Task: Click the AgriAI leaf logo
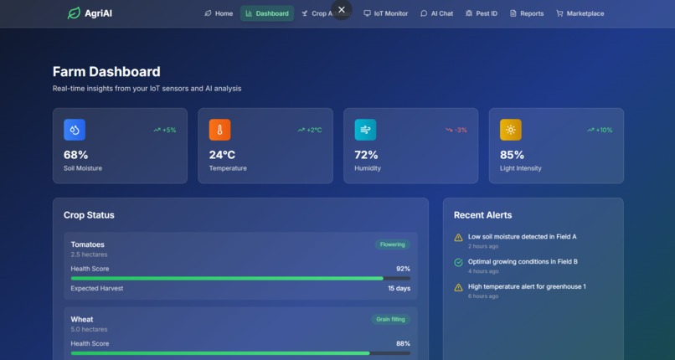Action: (74, 13)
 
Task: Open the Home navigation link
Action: (219, 13)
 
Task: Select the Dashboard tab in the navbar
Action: (267, 13)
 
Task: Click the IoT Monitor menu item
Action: (385, 13)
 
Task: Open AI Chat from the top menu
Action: (436, 13)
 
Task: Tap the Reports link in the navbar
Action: (527, 13)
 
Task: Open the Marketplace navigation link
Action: (580, 13)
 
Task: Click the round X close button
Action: (341, 10)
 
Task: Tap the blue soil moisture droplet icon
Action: (75, 130)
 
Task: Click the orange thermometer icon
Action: (219, 130)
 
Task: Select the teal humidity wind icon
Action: (365, 130)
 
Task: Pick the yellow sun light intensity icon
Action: (510, 130)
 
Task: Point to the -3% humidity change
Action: (456, 130)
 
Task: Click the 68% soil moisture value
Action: (75, 155)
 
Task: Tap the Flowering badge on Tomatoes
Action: (393, 244)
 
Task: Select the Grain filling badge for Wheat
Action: (390, 319)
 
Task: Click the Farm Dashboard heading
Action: (106, 72)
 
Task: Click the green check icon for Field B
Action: (458, 262)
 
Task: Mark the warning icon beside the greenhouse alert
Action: (458, 287)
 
